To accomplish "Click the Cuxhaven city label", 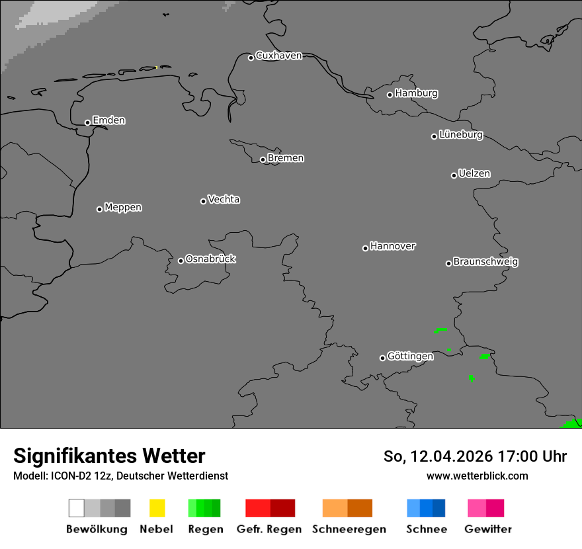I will (x=278, y=56).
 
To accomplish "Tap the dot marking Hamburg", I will (x=390, y=95).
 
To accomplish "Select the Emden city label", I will (x=108, y=120).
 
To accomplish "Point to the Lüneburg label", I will (x=460, y=135).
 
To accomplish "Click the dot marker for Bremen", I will (x=263, y=159).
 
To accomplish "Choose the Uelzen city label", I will (x=474, y=174).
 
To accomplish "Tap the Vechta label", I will (x=224, y=199).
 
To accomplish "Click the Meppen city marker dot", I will (x=99, y=209).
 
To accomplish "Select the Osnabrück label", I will (x=210, y=259).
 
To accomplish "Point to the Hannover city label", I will (x=393, y=246).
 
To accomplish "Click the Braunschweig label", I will (x=485, y=262).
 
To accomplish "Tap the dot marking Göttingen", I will (x=382, y=358).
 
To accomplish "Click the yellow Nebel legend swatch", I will (x=157, y=508).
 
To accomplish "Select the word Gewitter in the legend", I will (x=488, y=529).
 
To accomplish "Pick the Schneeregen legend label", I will (x=349, y=529).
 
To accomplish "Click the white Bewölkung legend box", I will (x=76, y=508).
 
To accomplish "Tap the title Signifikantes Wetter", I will (x=109, y=456).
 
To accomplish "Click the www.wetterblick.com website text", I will (x=477, y=476).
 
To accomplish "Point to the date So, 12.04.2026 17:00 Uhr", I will (x=475, y=456).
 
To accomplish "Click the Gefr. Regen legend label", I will (x=269, y=529).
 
